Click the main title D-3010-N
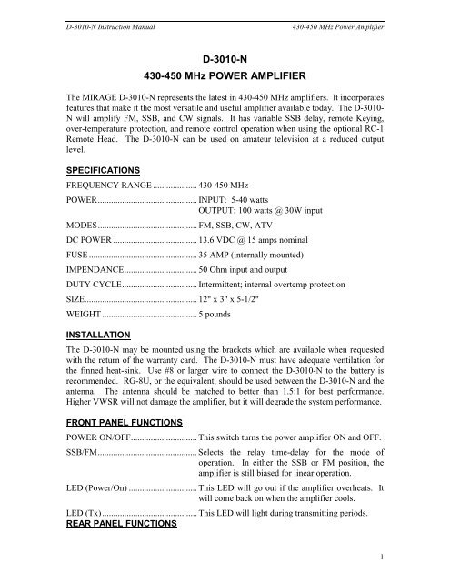(225, 56)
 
